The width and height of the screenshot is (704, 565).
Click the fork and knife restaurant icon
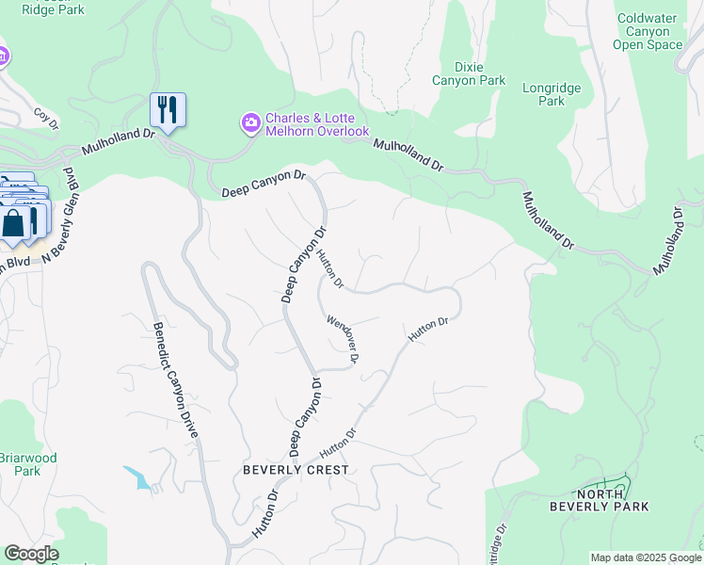[x=168, y=109]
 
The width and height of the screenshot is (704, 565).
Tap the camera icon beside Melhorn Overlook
[x=251, y=123]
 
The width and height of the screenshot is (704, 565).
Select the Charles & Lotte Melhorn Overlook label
[x=316, y=124]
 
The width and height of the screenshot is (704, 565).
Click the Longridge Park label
[x=552, y=94]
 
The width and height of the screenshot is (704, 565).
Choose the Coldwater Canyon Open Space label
[x=648, y=31]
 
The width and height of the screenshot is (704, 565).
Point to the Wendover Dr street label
[x=344, y=339]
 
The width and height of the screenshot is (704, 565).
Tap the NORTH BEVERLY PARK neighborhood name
[x=612, y=499]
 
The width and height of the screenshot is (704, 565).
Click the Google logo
[x=31, y=554]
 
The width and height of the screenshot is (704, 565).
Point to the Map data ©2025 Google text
[x=646, y=557]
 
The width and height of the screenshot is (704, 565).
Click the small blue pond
[x=138, y=477]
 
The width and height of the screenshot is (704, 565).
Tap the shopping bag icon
[x=14, y=225]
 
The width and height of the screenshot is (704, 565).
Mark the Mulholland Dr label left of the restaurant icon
[x=118, y=139]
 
